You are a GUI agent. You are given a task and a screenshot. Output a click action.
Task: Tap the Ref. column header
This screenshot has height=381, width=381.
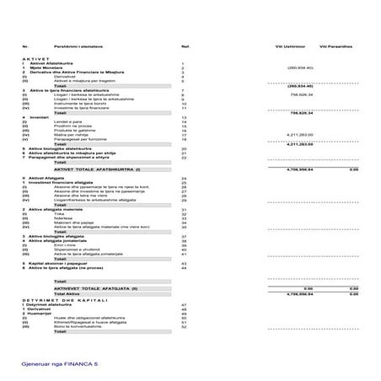click(185, 46)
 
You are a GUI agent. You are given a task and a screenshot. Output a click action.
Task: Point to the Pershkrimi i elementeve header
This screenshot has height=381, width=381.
click(76, 46)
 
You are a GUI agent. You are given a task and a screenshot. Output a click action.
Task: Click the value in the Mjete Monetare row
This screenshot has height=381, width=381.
click(300, 67)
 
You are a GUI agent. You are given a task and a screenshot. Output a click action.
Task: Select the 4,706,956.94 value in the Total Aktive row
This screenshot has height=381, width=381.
click(300, 293)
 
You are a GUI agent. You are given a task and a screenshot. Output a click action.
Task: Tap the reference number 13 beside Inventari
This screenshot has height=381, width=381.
click(184, 117)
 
